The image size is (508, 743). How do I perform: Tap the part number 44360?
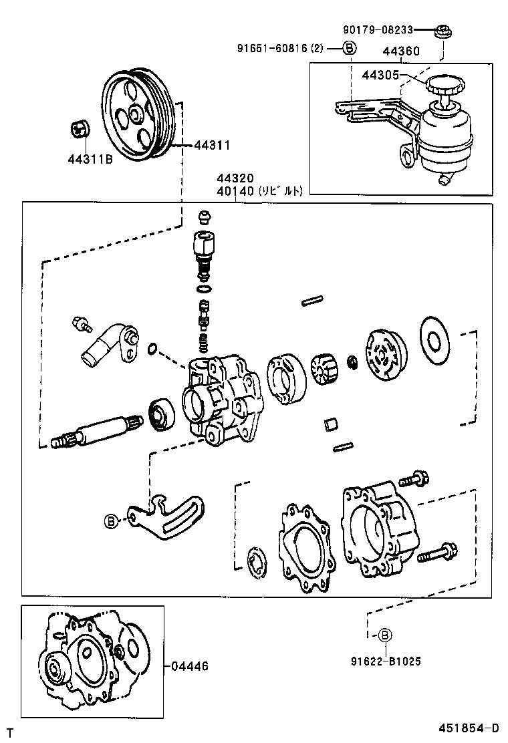pyautogui.click(x=401, y=51)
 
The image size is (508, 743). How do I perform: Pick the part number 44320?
pyautogui.click(x=235, y=178)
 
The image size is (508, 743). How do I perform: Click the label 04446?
pyautogui.click(x=190, y=665)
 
